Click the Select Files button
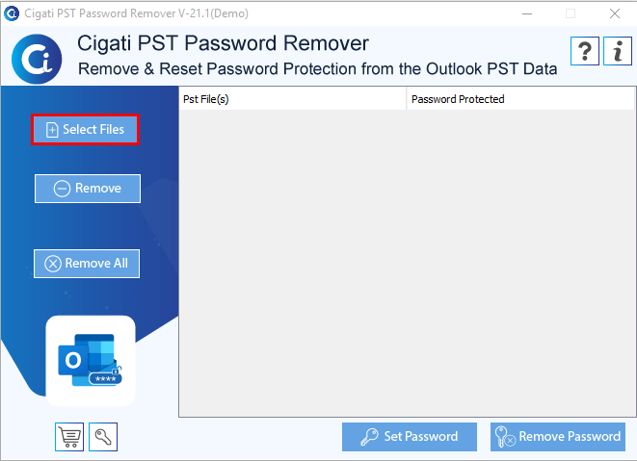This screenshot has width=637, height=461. click(x=86, y=130)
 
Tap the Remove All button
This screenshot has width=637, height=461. click(x=87, y=264)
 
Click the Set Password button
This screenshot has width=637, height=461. click(x=410, y=437)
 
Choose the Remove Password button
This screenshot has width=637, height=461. click(x=558, y=437)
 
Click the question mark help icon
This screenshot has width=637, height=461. click(x=585, y=51)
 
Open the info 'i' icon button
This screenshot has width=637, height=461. click(x=618, y=51)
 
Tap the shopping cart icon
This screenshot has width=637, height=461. click(x=69, y=437)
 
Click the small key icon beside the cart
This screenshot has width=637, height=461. click(x=103, y=437)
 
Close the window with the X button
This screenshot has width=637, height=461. click(x=615, y=13)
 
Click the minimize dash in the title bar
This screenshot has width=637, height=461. click(x=527, y=13)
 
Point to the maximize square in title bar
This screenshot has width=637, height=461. click(x=571, y=13)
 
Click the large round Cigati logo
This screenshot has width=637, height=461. click(x=37, y=59)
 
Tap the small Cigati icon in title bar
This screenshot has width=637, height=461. click(x=12, y=13)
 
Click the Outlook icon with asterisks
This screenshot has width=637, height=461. click(x=91, y=360)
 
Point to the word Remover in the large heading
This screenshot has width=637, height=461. click(x=327, y=43)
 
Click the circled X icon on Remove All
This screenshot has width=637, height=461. click(x=53, y=264)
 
